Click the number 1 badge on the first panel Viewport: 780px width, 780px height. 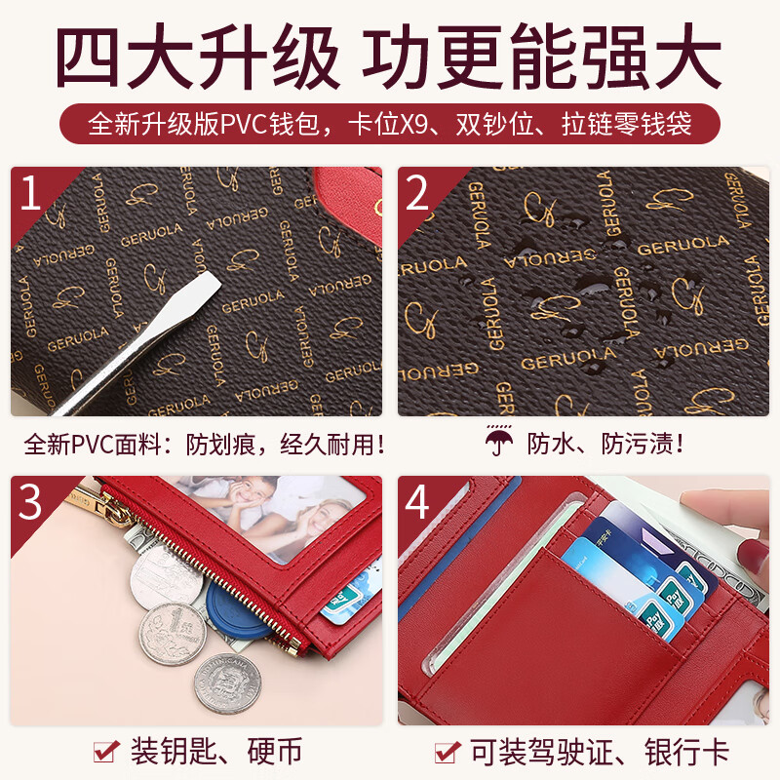[x=31, y=191]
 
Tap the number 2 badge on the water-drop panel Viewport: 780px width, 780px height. [x=417, y=191]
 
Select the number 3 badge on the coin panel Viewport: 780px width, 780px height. [x=31, y=501]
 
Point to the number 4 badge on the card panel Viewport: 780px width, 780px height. [x=417, y=501]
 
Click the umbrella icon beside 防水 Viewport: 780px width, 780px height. [x=499, y=444]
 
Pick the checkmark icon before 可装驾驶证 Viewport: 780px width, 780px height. [x=448, y=751]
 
